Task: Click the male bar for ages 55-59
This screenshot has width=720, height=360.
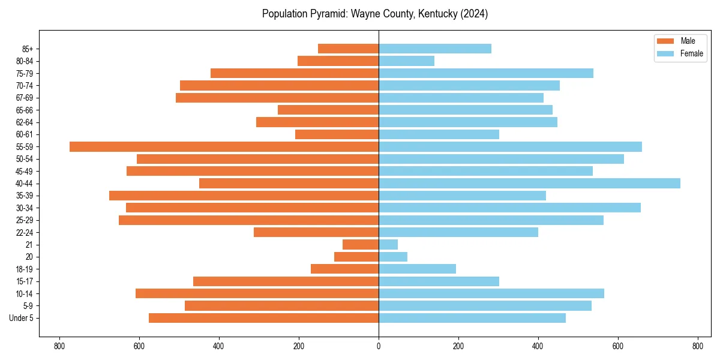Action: point(224,147)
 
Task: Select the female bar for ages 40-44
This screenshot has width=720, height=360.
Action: point(529,184)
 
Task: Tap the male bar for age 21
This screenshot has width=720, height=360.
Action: point(361,245)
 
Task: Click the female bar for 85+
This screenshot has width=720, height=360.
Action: point(435,49)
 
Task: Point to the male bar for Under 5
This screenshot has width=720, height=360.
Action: point(263,318)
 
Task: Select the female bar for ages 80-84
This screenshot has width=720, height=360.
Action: point(406,61)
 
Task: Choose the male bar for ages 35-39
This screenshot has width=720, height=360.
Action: point(244,196)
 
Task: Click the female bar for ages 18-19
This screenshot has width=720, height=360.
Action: point(417,269)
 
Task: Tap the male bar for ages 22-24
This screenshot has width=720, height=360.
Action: point(316,232)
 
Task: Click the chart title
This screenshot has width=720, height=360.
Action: point(375,14)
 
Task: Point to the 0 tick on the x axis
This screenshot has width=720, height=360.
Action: point(379,346)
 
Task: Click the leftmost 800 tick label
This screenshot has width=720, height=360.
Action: point(59,346)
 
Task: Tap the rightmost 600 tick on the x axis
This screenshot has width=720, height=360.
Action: point(618,346)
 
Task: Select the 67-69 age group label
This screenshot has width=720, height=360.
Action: point(25,98)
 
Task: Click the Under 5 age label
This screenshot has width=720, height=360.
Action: point(22,318)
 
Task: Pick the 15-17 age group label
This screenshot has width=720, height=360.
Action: point(25,281)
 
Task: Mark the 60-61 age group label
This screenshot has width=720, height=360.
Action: point(25,134)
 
